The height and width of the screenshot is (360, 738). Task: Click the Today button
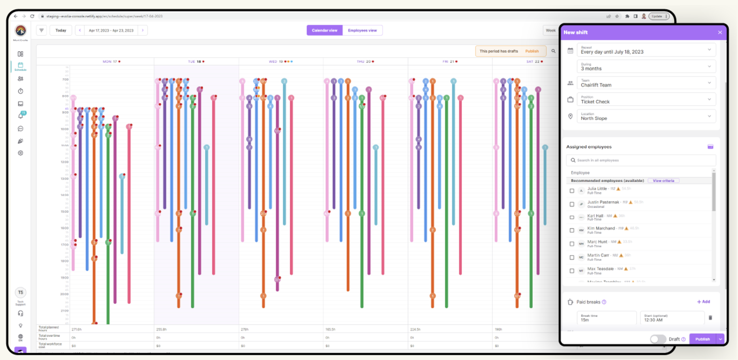click(61, 30)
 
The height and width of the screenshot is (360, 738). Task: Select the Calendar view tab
click(325, 30)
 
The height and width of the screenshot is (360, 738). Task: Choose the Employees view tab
click(362, 30)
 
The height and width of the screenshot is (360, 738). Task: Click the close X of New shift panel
click(720, 32)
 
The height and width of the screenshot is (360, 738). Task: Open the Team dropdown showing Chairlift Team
click(646, 83)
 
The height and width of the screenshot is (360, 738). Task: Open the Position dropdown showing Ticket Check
click(646, 100)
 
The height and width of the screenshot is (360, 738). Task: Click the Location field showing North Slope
click(646, 117)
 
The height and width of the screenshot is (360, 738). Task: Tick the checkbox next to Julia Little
click(572, 191)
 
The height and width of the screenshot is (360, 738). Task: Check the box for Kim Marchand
click(572, 230)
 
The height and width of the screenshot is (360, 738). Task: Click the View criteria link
click(663, 181)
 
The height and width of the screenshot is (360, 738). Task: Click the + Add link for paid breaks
click(704, 302)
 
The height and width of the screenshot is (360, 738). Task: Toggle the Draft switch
click(658, 339)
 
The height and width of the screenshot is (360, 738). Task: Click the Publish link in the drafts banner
click(532, 51)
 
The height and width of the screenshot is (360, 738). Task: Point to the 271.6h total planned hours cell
click(76, 329)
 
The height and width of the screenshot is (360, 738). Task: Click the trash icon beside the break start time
click(710, 318)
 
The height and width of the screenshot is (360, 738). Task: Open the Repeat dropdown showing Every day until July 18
click(646, 50)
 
